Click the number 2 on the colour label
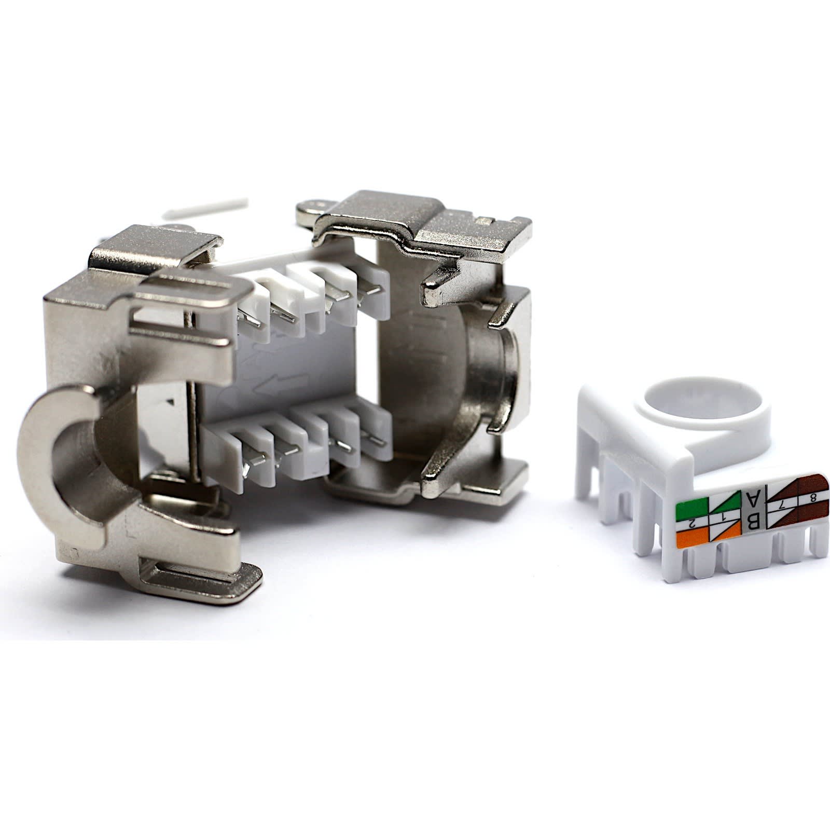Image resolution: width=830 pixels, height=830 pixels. coord(691,525)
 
